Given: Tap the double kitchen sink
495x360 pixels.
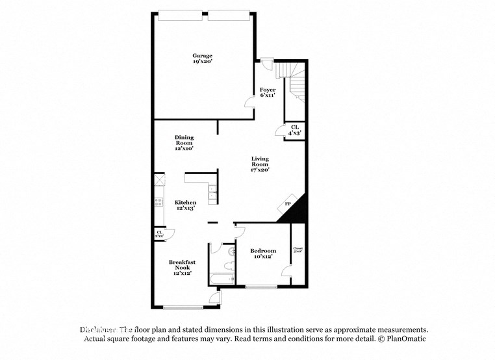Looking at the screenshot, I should point(212,192).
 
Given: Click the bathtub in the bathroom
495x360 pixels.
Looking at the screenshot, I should point(221,279).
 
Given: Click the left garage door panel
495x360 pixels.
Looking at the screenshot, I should point(181,14).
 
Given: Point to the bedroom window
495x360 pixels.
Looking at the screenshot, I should point(262,287).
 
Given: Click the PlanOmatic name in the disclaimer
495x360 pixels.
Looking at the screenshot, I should point(406,339).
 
